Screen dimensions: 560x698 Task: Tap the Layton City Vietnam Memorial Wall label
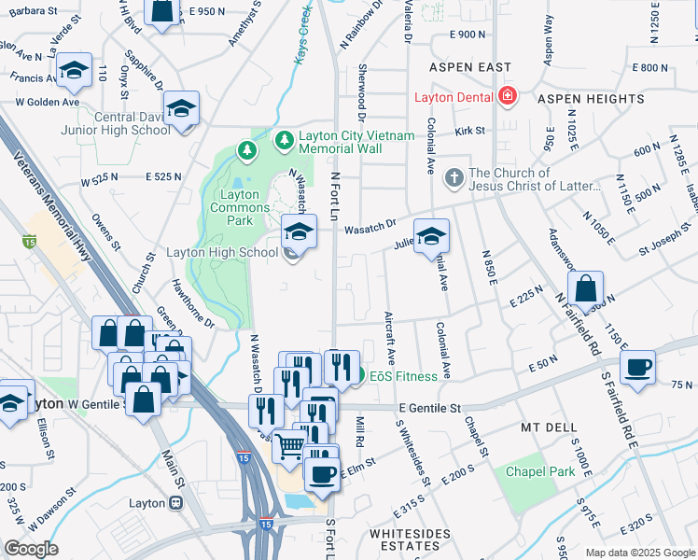[x=355, y=142]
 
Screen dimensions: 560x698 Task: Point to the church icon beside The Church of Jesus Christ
[x=454, y=177]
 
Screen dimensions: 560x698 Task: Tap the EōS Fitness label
[x=403, y=376]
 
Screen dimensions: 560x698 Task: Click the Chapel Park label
[x=540, y=471]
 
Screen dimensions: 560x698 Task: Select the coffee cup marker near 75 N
[x=637, y=367]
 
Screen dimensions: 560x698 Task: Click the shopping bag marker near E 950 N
[x=162, y=12]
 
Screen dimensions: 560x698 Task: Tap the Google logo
[x=31, y=549]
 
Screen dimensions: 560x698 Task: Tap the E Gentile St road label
[x=430, y=408]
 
